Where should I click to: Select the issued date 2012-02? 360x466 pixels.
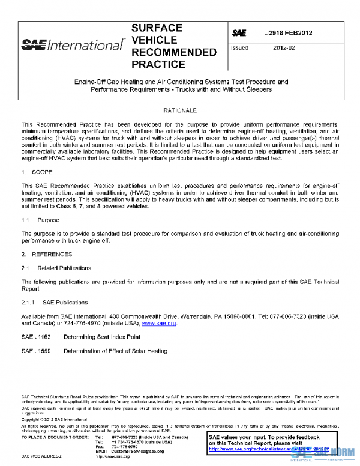[x=284, y=47]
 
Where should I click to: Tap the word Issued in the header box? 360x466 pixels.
[x=240, y=47]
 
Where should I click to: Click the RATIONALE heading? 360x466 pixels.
[x=180, y=112]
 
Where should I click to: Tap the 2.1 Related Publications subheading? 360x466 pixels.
[x=56, y=268]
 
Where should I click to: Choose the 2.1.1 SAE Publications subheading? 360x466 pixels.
[x=54, y=302]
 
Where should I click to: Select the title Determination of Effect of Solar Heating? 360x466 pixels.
[x=115, y=351]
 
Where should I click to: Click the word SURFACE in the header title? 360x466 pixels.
[x=157, y=28]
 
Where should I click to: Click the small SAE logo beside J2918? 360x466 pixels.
[x=238, y=33]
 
